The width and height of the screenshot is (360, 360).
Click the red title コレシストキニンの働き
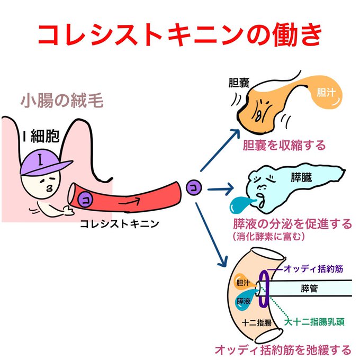tap(180, 35)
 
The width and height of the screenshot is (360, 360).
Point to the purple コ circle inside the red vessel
tap(85, 200)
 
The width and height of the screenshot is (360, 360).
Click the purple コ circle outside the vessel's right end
tap(193, 187)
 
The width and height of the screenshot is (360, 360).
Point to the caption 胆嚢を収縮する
tap(284, 145)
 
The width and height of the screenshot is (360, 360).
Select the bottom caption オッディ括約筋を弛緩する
tap(283, 349)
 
